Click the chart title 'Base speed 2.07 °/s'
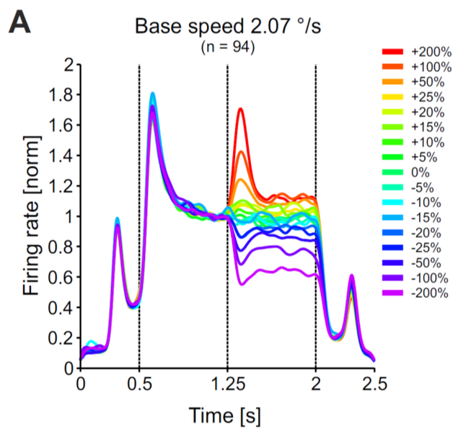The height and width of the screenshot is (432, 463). pyautogui.click(x=226, y=28)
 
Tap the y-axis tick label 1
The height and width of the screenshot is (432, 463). pyautogui.click(x=70, y=216)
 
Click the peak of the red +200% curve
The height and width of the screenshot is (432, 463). pyautogui.click(x=240, y=109)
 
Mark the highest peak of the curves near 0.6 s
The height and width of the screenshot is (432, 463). pyautogui.click(x=153, y=93)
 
